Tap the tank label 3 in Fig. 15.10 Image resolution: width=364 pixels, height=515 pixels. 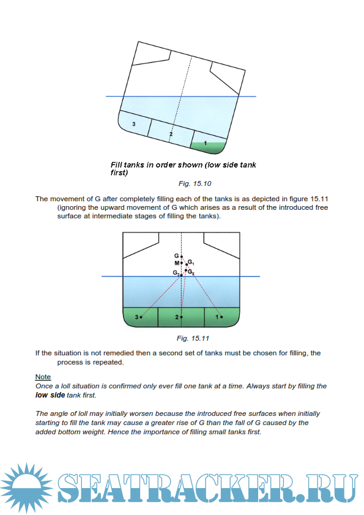click(x=134, y=124)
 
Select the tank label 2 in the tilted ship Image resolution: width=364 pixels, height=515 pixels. click(x=171, y=134)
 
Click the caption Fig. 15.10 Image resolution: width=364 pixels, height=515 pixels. click(x=195, y=183)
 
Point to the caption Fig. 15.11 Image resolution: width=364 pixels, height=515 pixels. click(x=193, y=338)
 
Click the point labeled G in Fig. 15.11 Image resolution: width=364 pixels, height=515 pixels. click(x=181, y=256)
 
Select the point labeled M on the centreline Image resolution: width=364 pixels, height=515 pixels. click(x=181, y=263)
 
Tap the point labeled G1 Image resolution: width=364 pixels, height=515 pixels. click(x=187, y=264)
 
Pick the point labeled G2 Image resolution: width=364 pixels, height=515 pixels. click(x=186, y=270)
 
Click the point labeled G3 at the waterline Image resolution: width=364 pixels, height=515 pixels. click(x=181, y=275)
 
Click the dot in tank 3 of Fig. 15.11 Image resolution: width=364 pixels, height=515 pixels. click(x=141, y=317)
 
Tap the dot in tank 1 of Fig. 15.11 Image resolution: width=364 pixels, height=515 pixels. click(x=221, y=317)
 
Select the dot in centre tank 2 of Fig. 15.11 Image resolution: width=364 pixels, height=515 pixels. click(x=181, y=317)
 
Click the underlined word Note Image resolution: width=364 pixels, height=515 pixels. click(x=43, y=377)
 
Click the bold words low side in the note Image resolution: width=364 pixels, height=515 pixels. click(x=50, y=395)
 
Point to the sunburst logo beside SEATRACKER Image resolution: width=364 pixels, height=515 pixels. click(x=26, y=487)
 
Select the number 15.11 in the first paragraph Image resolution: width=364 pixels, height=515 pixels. click(x=319, y=199)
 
